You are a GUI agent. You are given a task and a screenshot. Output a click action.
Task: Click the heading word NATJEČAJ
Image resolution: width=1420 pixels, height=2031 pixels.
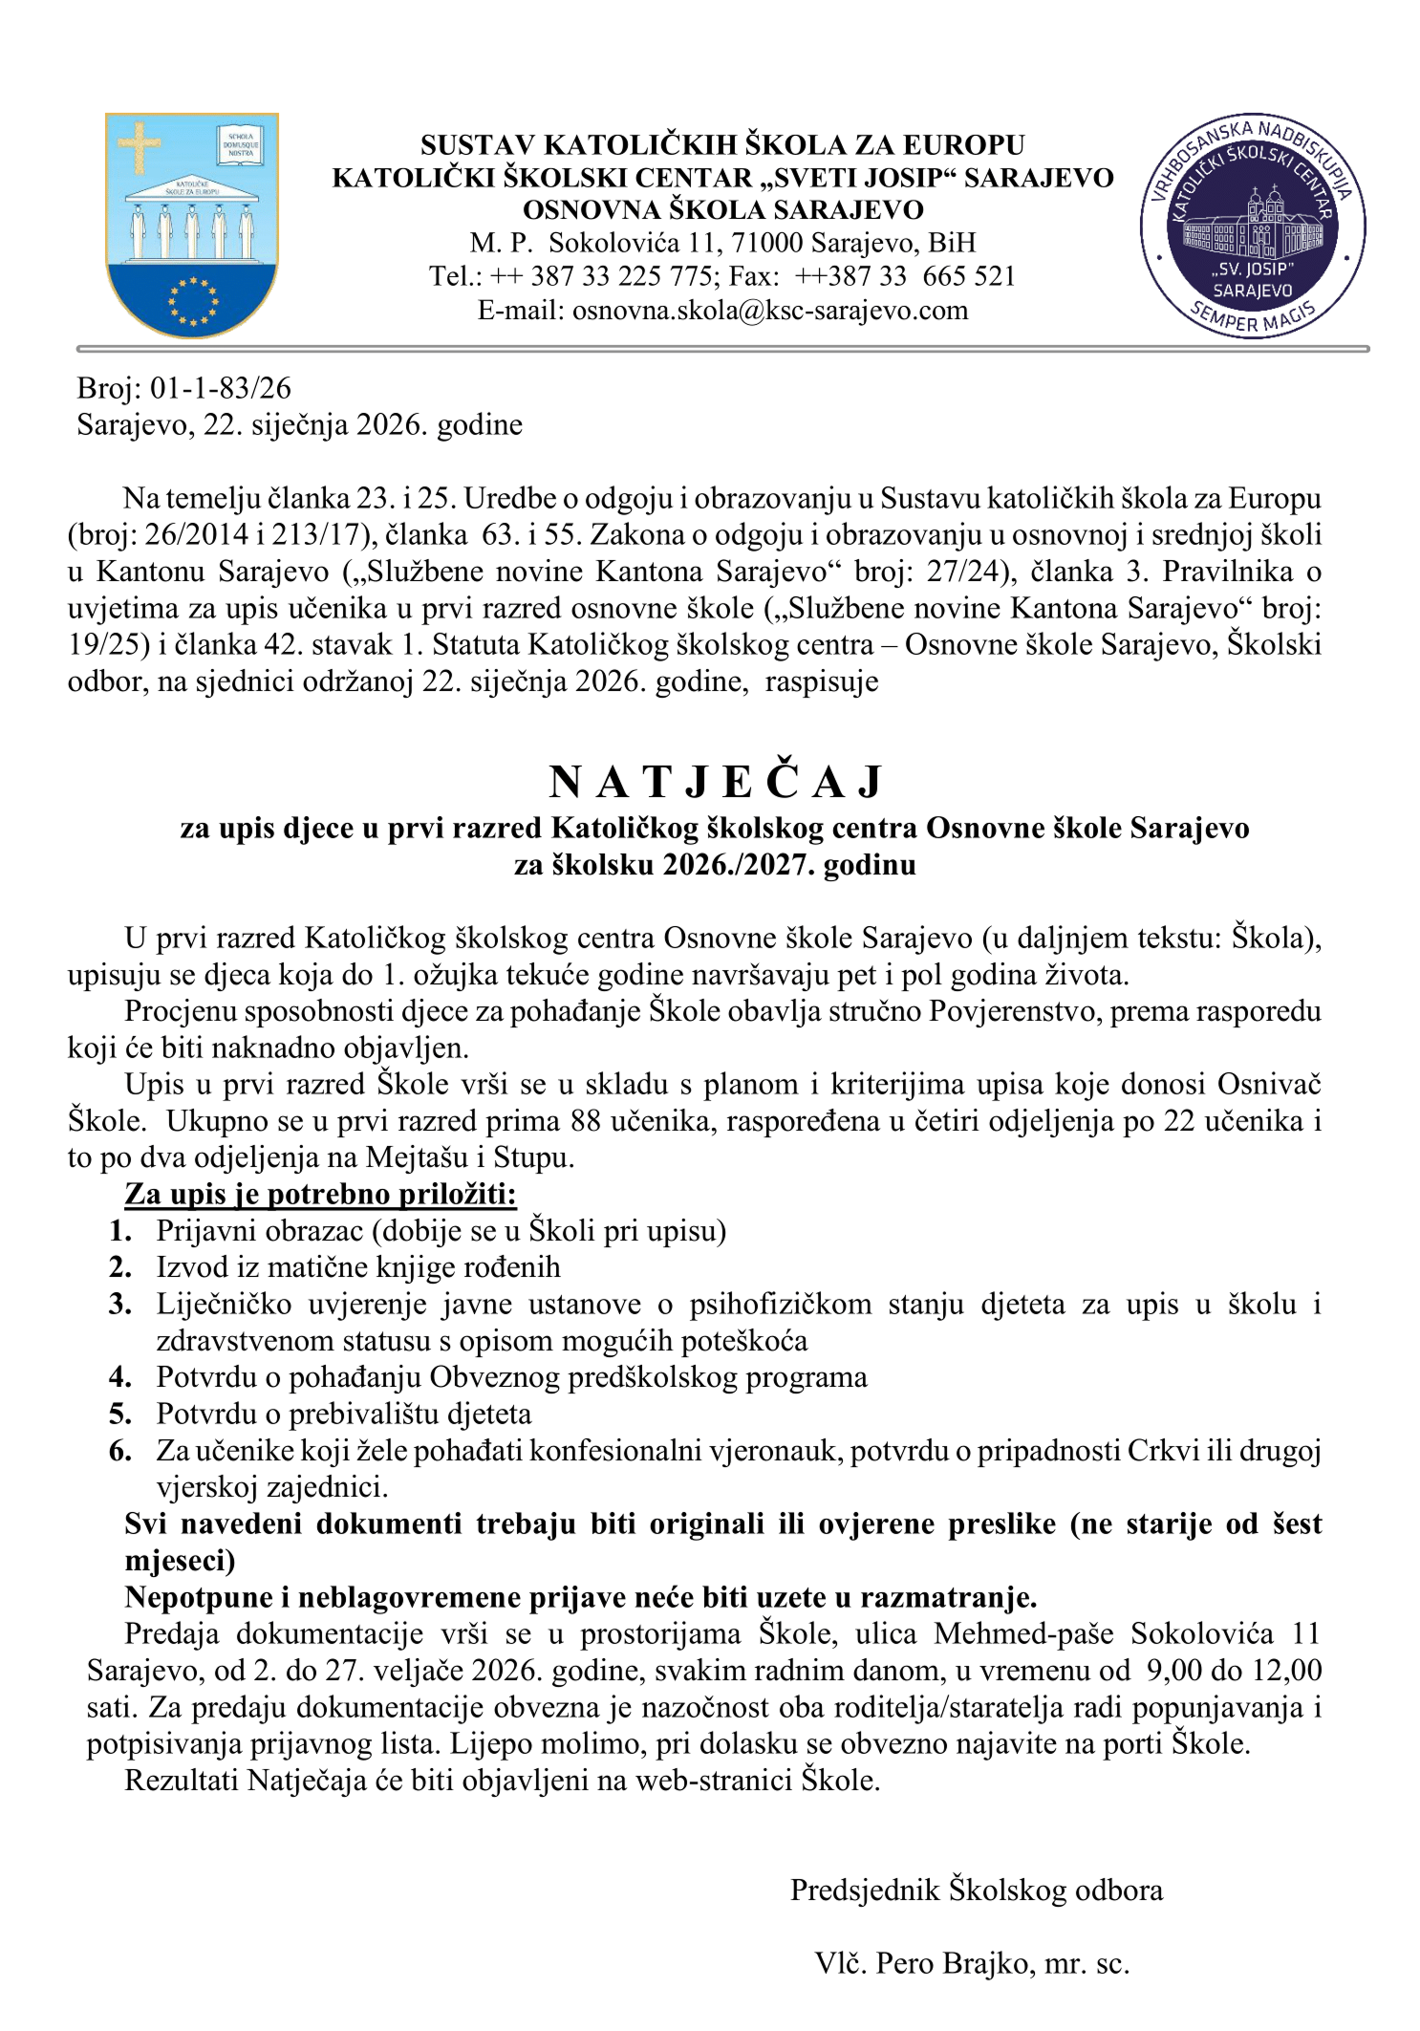pyautogui.click(x=715, y=783)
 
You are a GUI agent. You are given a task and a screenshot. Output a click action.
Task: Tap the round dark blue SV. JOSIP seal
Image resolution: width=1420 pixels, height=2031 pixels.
pyautogui.click(x=1252, y=227)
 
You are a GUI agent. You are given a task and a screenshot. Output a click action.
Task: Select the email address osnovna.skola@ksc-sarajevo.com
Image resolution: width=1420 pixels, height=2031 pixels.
pyautogui.click(x=769, y=310)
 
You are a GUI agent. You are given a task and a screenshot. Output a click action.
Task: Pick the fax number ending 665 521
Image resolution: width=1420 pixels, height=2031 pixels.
pyautogui.click(x=968, y=276)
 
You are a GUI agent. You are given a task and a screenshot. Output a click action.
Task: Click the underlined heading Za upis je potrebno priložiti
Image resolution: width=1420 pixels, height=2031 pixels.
pyautogui.click(x=320, y=1194)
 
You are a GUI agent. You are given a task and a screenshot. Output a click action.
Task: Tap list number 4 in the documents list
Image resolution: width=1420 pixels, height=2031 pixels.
pyautogui.click(x=119, y=1377)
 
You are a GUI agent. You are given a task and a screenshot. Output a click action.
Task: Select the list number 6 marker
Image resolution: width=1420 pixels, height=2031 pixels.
pyautogui.click(x=119, y=1451)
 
